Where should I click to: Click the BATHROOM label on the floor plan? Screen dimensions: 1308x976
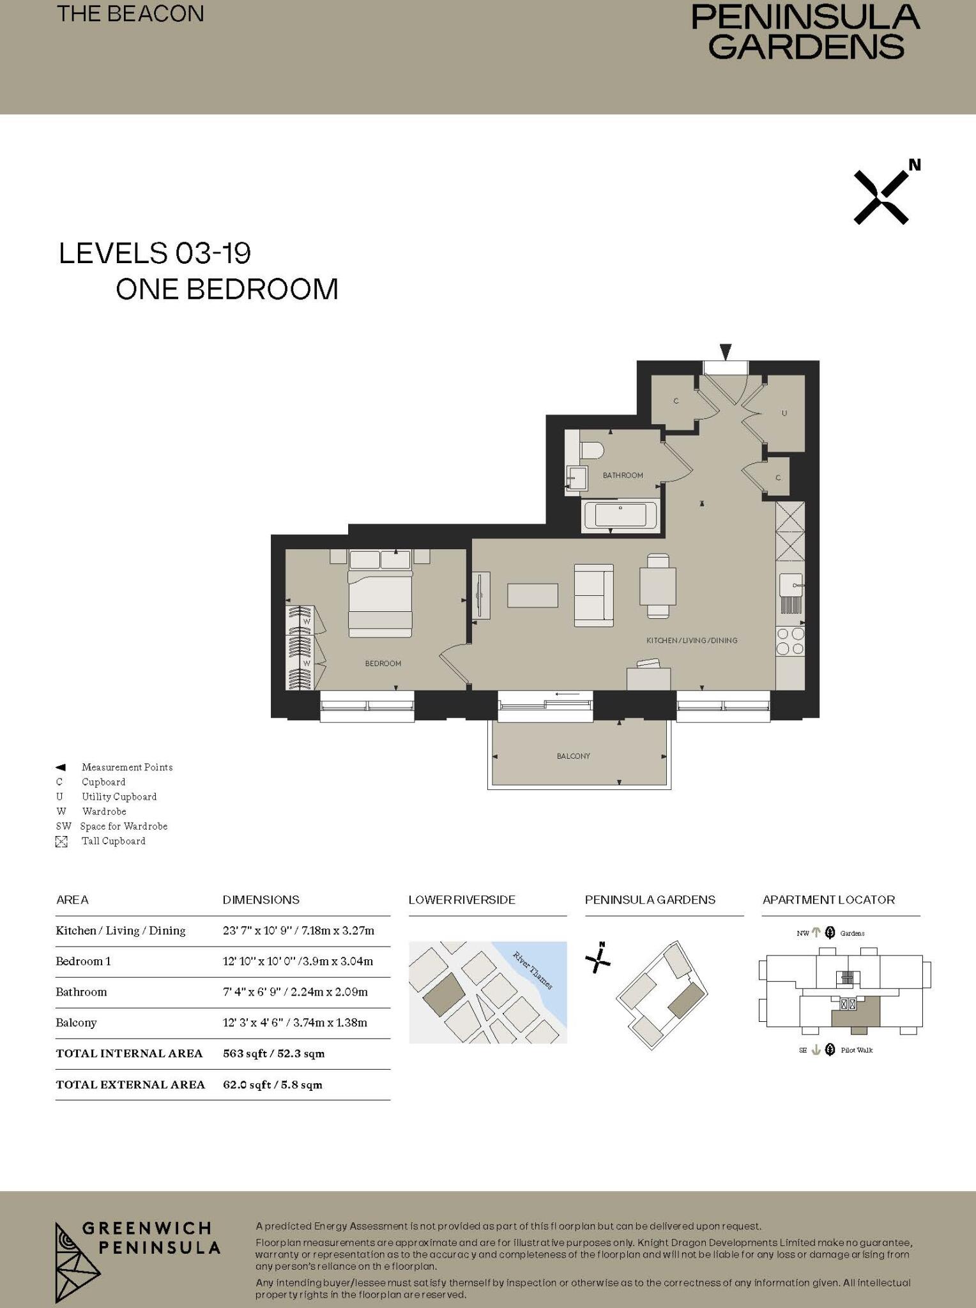(622, 475)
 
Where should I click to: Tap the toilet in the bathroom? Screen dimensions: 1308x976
(591, 450)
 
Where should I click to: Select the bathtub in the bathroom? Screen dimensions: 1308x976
(620, 515)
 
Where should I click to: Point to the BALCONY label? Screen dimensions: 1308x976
(573, 756)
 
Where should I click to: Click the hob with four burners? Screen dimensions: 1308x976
(790, 641)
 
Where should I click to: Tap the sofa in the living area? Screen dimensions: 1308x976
(593, 595)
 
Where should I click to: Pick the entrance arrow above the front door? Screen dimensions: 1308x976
(725, 351)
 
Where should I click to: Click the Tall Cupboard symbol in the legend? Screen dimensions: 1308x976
(61, 842)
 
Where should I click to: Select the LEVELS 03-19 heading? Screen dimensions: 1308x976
(155, 254)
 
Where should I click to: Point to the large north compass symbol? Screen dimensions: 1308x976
(883, 196)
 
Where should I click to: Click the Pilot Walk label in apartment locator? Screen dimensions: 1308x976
(856, 1050)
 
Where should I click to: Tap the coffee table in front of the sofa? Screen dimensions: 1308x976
(533, 595)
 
